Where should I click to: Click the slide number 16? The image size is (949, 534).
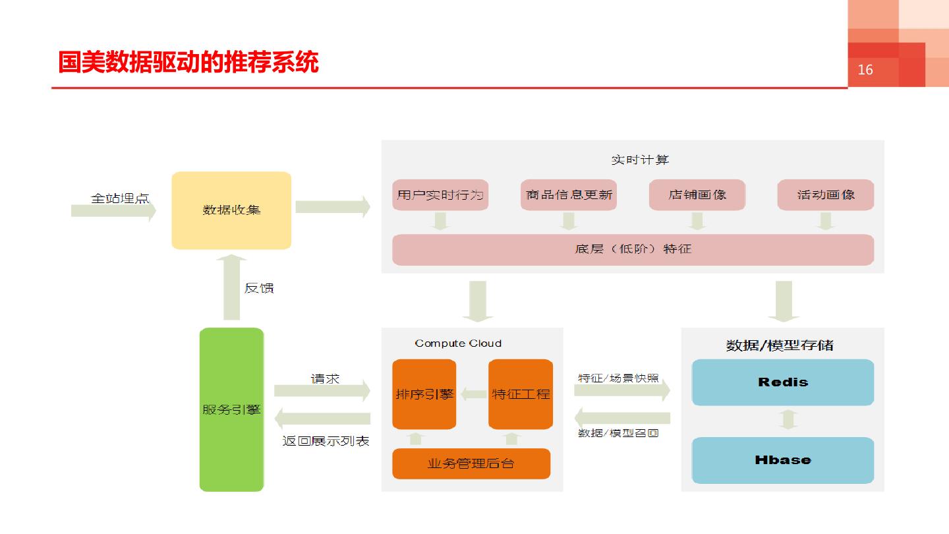pyautogui.click(x=865, y=70)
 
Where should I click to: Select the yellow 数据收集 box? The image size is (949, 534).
pyautogui.click(x=231, y=210)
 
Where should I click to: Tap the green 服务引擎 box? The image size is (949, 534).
pyautogui.click(x=231, y=409)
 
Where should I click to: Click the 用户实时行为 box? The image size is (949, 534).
pyautogui.click(x=440, y=194)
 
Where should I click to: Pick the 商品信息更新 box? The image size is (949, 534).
pyautogui.click(x=569, y=194)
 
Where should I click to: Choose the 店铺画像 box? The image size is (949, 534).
pyautogui.click(x=697, y=194)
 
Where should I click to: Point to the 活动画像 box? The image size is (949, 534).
pyautogui.click(x=826, y=194)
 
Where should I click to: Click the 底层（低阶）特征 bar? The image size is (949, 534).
pyautogui.click(x=633, y=249)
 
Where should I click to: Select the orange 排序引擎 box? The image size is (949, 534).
pyautogui.click(x=424, y=394)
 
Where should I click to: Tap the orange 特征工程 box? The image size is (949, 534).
pyautogui.click(x=521, y=394)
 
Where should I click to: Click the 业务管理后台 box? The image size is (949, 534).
pyautogui.click(x=471, y=463)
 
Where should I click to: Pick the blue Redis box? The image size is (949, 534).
pyautogui.click(x=783, y=382)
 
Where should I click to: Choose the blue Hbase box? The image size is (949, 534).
pyautogui.click(x=783, y=460)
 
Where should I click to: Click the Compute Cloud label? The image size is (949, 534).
pyautogui.click(x=458, y=343)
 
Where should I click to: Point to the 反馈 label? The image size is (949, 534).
pyautogui.click(x=259, y=288)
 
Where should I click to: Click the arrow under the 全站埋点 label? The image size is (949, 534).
pyautogui.click(x=113, y=211)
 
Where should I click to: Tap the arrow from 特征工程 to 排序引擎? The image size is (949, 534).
pyautogui.click(x=473, y=394)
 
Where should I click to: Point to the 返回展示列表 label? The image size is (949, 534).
pyautogui.click(x=326, y=441)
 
